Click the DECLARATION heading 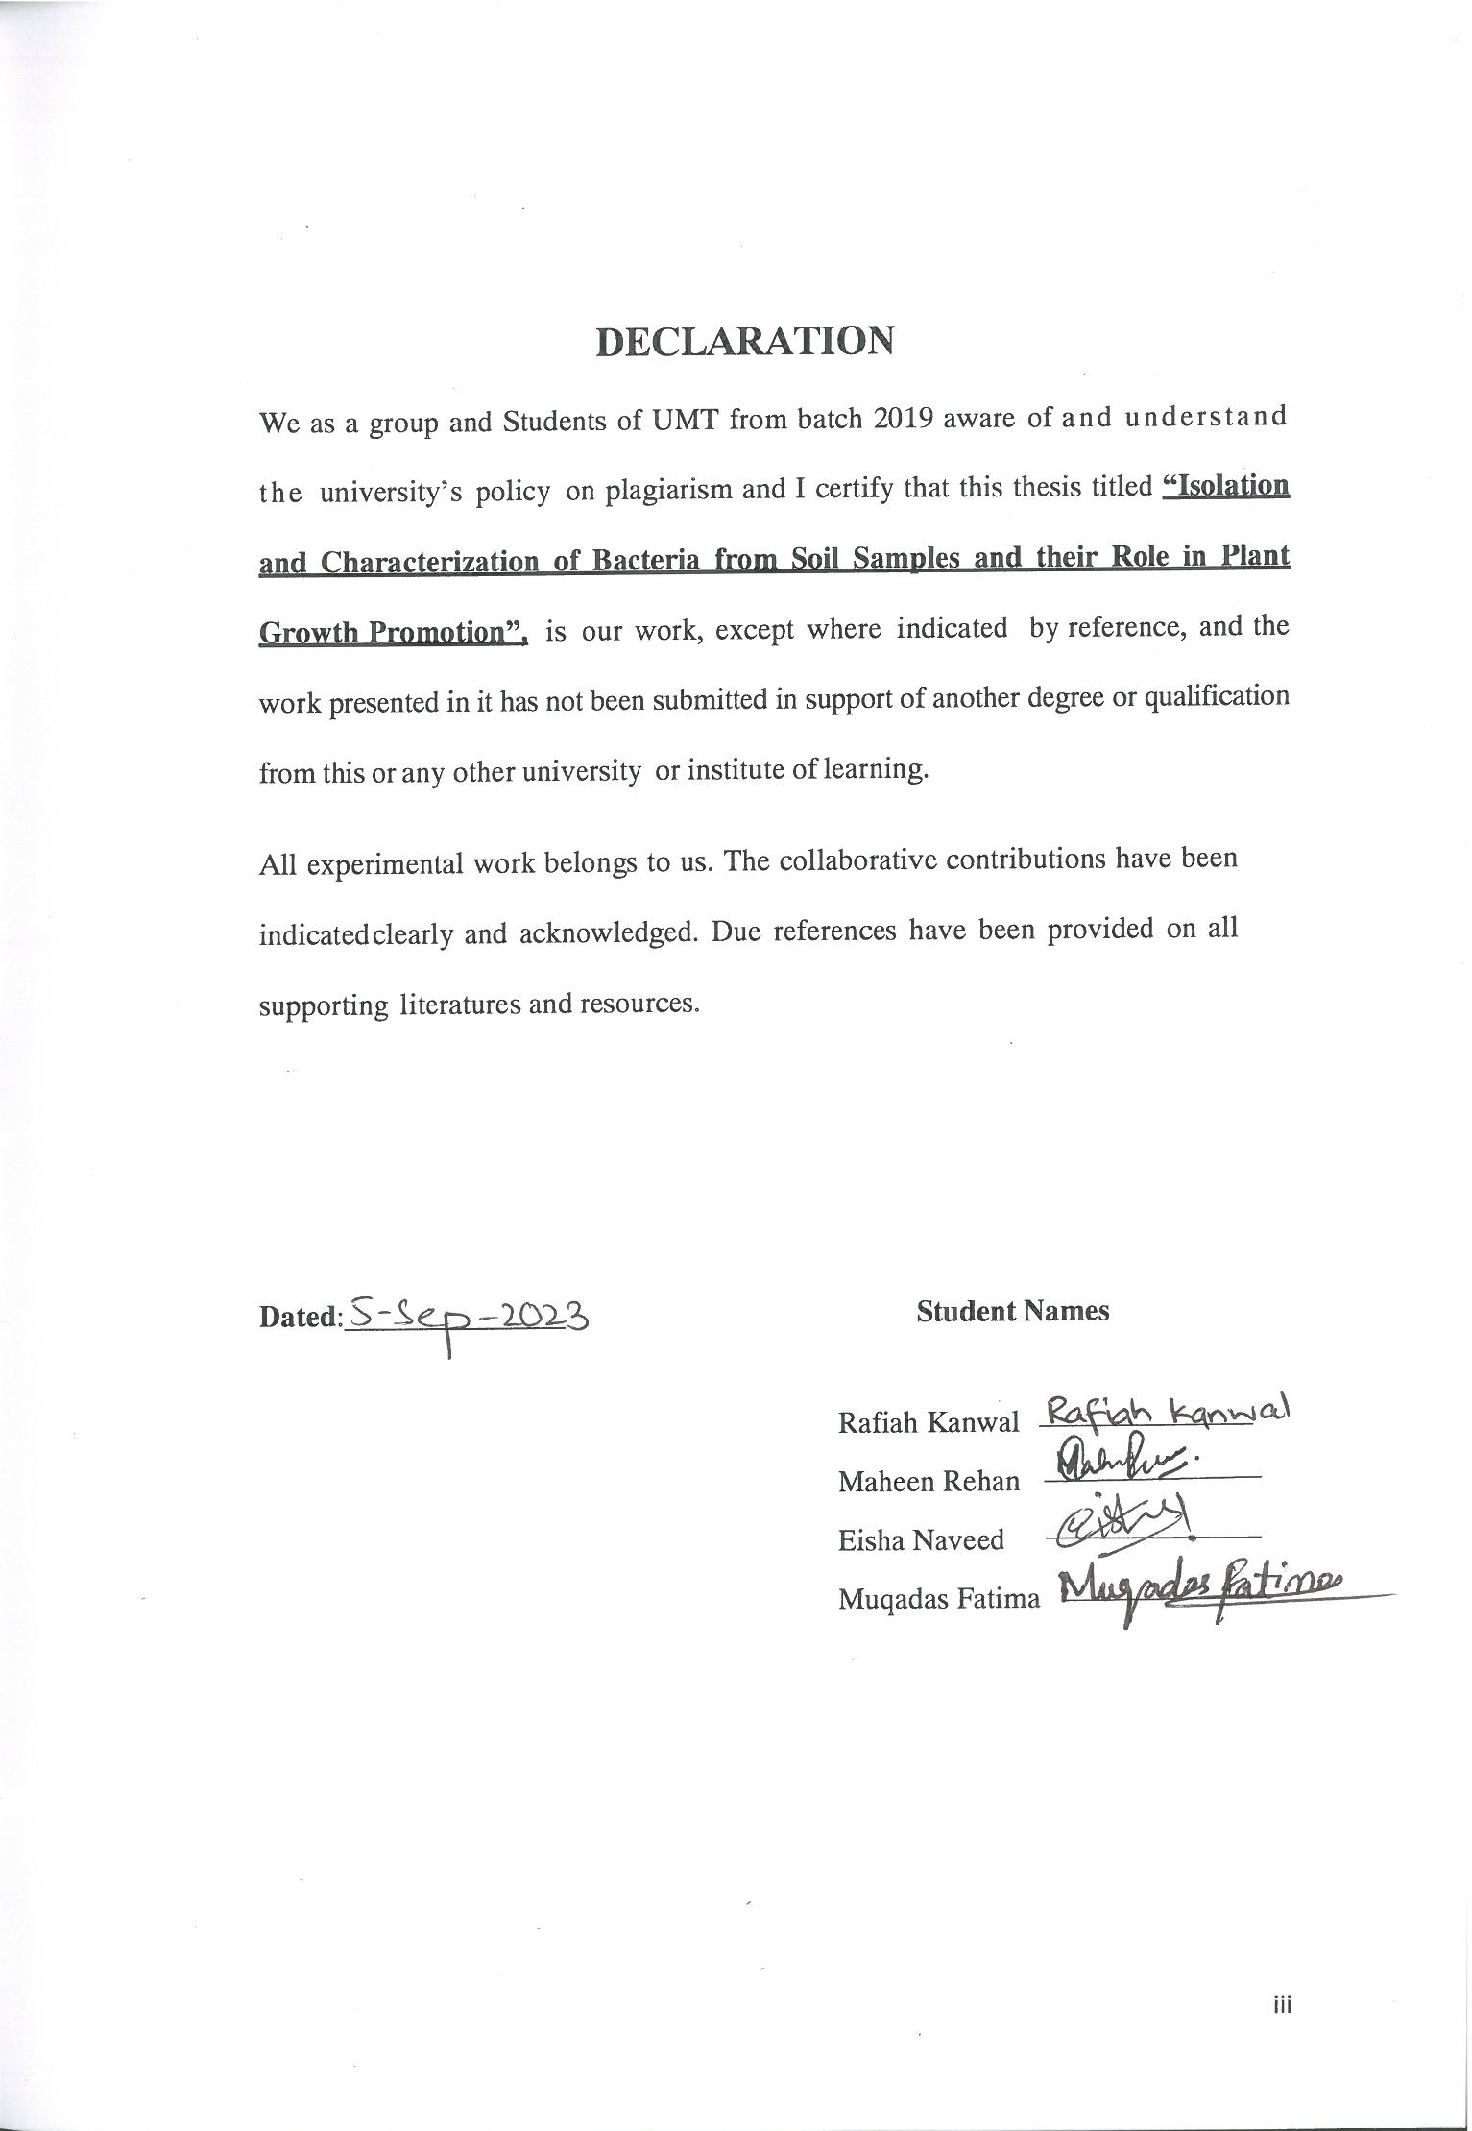pos(745,342)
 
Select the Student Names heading pos(1012,1311)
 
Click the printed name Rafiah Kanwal pos(928,1422)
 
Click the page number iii pos(1282,2004)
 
